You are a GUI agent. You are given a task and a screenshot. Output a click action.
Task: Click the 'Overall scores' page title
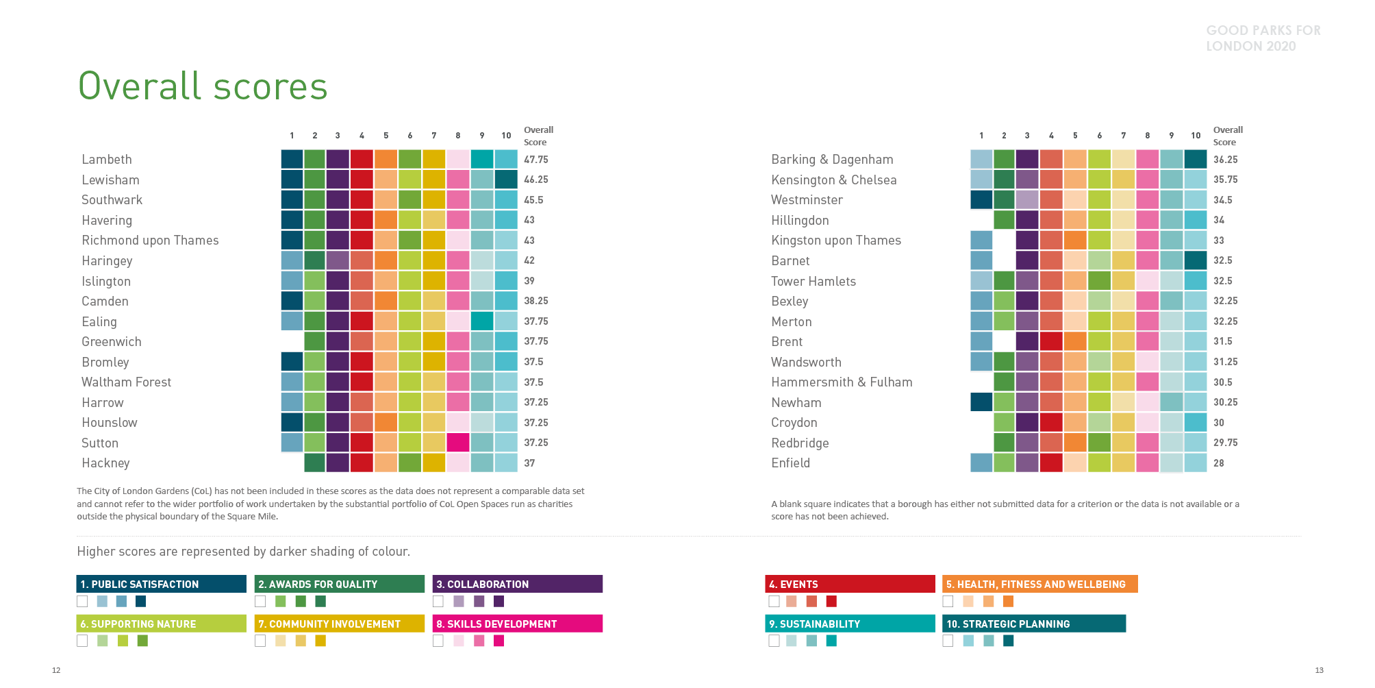(x=203, y=86)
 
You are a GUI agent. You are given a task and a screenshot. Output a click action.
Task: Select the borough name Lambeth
(x=107, y=160)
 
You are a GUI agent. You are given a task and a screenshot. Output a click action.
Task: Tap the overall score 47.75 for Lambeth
(x=535, y=160)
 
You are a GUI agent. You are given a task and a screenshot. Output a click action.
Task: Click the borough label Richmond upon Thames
(x=150, y=241)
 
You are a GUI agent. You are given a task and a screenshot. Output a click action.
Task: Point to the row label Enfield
(x=790, y=463)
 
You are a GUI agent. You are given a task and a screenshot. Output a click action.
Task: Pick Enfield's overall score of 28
(x=1218, y=463)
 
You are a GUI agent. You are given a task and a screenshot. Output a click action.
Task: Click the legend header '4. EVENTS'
(x=849, y=584)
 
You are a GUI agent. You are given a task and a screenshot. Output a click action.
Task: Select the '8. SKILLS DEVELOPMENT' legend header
(x=518, y=624)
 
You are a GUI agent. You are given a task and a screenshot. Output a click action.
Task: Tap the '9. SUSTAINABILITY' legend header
(x=849, y=624)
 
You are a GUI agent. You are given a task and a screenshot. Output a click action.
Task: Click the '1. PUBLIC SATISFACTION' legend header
(x=161, y=584)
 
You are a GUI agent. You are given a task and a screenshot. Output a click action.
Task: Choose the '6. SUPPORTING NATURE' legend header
(x=161, y=624)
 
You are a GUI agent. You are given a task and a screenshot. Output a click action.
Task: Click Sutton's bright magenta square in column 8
(x=458, y=443)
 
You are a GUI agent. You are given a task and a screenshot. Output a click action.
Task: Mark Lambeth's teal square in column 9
(x=482, y=160)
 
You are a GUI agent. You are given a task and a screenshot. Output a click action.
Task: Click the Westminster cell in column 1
(x=981, y=200)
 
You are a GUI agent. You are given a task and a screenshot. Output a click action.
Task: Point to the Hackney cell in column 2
(x=315, y=463)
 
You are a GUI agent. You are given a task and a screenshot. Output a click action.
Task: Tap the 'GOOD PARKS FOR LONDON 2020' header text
(x=1263, y=38)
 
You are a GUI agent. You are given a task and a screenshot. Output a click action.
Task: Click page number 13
(x=1319, y=670)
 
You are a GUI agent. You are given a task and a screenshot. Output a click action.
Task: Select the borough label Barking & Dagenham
(x=832, y=160)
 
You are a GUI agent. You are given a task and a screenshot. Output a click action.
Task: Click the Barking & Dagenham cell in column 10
(x=1195, y=160)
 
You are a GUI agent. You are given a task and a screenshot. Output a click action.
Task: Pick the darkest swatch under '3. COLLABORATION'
(x=499, y=602)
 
